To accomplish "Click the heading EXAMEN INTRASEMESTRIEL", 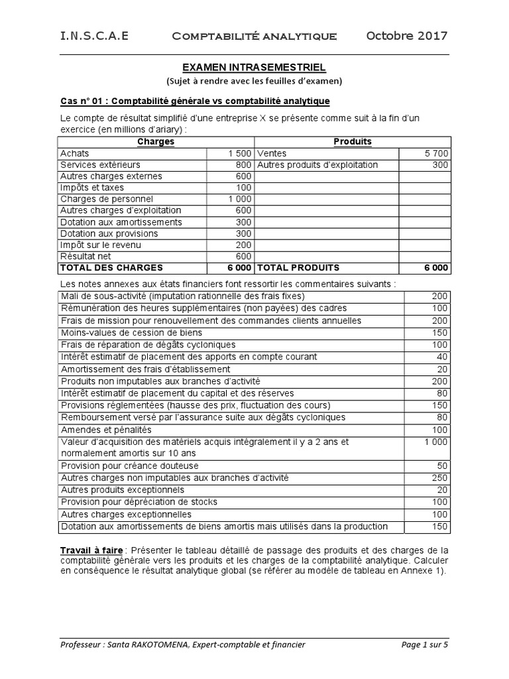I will point(254,68).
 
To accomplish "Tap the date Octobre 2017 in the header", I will point(406,36).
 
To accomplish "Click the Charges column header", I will point(156,142).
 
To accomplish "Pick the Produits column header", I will point(353,142).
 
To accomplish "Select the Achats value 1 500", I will point(239,153).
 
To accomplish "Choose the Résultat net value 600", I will point(243,256).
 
